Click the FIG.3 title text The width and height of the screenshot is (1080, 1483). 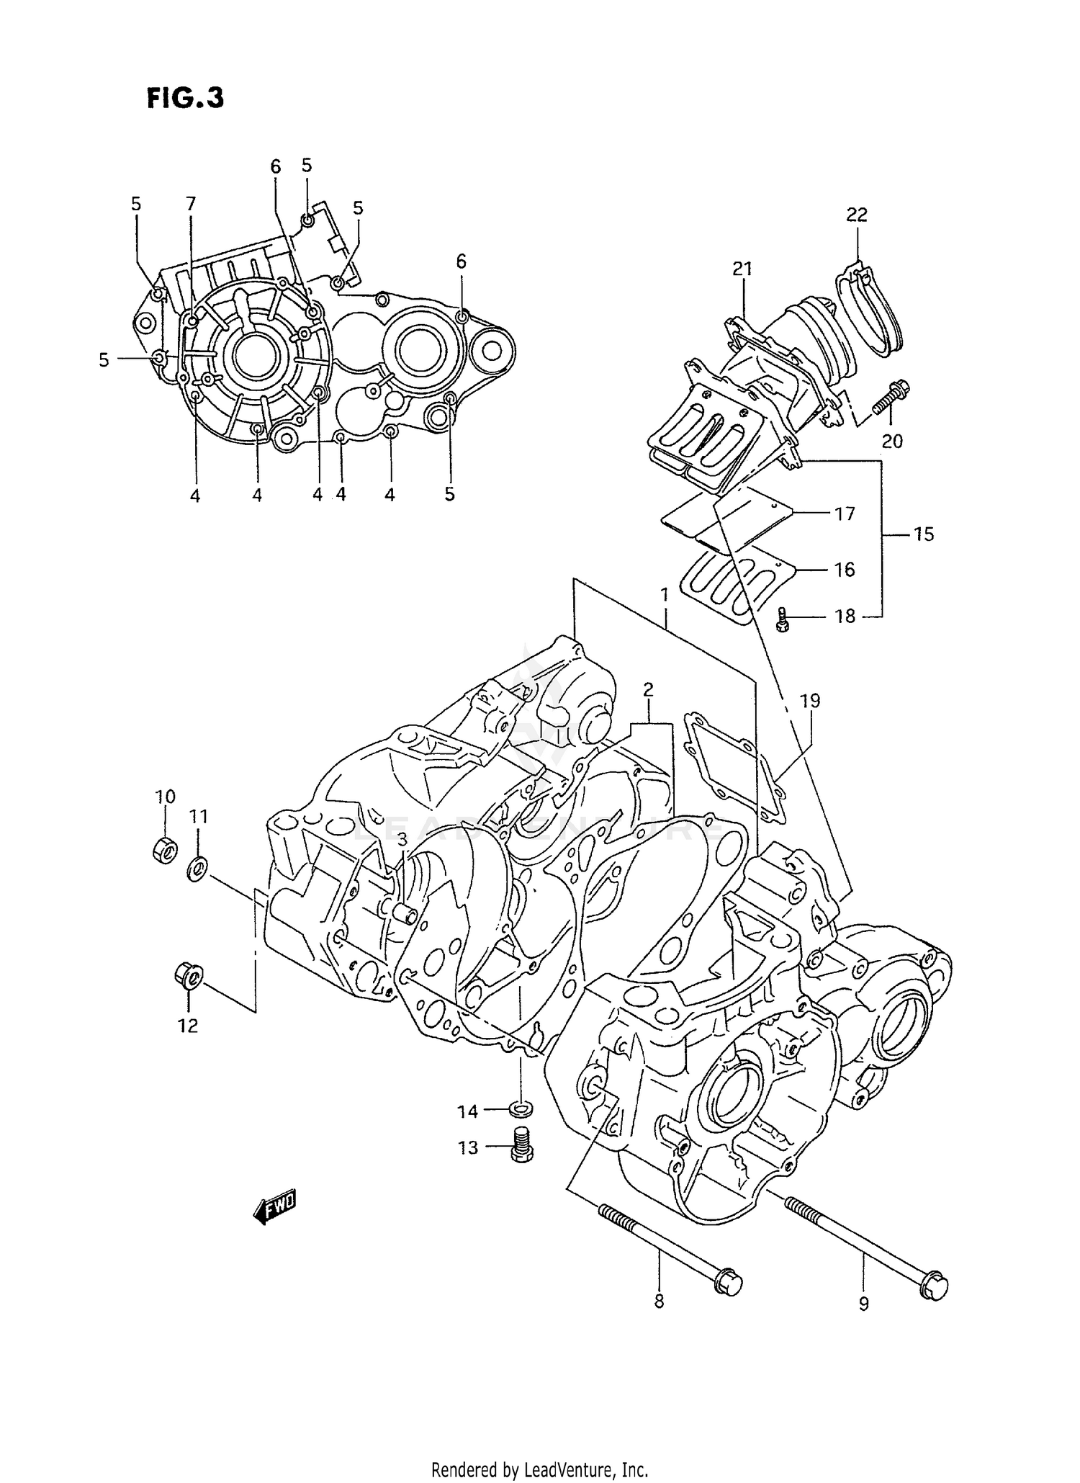coord(185,98)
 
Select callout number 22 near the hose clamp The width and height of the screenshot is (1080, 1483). coord(856,215)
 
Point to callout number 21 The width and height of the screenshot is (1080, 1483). coord(742,269)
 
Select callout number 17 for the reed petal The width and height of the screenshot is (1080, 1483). coord(844,514)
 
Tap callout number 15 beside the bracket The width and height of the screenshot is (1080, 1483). coord(923,534)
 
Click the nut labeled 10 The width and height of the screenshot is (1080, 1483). coord(165,850)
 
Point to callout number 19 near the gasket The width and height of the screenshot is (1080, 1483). coord(810,700)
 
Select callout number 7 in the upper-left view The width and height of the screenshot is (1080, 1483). coord(191,204)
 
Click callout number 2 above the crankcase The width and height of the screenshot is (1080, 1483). coord(648,689)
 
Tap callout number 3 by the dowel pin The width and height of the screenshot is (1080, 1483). coord(402,839)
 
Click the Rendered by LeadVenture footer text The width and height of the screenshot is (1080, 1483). coord(540,1469)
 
